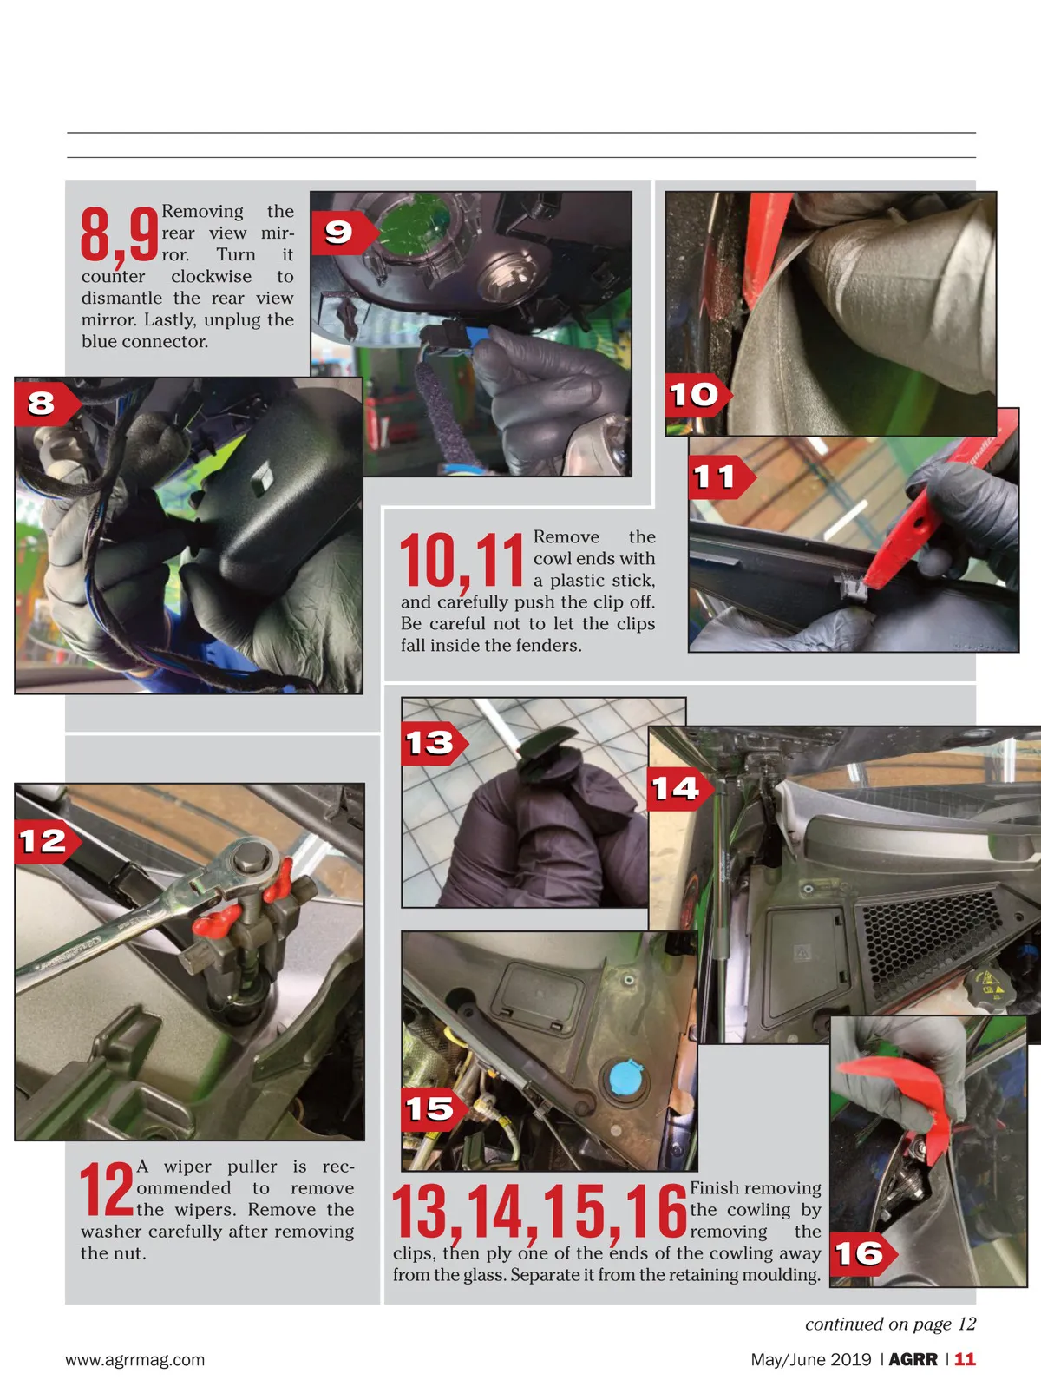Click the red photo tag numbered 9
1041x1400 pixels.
pos(344,233)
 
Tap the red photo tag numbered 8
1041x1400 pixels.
pos(47,403)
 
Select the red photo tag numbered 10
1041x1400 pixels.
pos(697,395)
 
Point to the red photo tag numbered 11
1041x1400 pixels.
pos(722,477)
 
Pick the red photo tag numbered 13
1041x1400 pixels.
pos(434,743)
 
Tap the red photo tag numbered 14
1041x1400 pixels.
pos(680,789)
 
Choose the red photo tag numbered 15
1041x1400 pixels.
pos(434,1109)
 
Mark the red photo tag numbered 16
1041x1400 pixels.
pos(863,1254)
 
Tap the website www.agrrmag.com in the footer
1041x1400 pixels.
pos(135,1359)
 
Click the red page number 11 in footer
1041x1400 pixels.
pos(965,1359)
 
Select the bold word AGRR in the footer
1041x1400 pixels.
pos(913,1359)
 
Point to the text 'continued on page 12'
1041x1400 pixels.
pos(890,1324)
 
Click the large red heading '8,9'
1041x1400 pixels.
pos(119,235)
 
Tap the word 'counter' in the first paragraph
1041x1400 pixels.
pos(113,277)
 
